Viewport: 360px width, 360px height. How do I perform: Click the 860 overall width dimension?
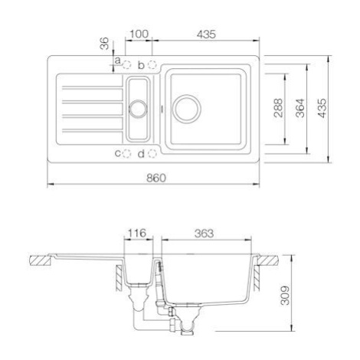pos(156,178)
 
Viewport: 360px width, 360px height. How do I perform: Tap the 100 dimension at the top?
pos(139,34)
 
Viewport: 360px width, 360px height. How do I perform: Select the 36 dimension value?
pos(104,44)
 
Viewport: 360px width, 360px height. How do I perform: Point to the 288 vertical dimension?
pos(278,108)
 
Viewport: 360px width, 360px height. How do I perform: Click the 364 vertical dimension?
pos(300,108)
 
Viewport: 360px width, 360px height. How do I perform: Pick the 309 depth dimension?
pos(285,296)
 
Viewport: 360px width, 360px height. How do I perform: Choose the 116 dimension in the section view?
pos(137,233)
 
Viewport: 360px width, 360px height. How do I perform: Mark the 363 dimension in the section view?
pos(204,234)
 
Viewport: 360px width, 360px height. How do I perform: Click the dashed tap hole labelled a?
pos(127,65)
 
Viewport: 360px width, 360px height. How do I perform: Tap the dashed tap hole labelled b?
pos(152,64)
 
